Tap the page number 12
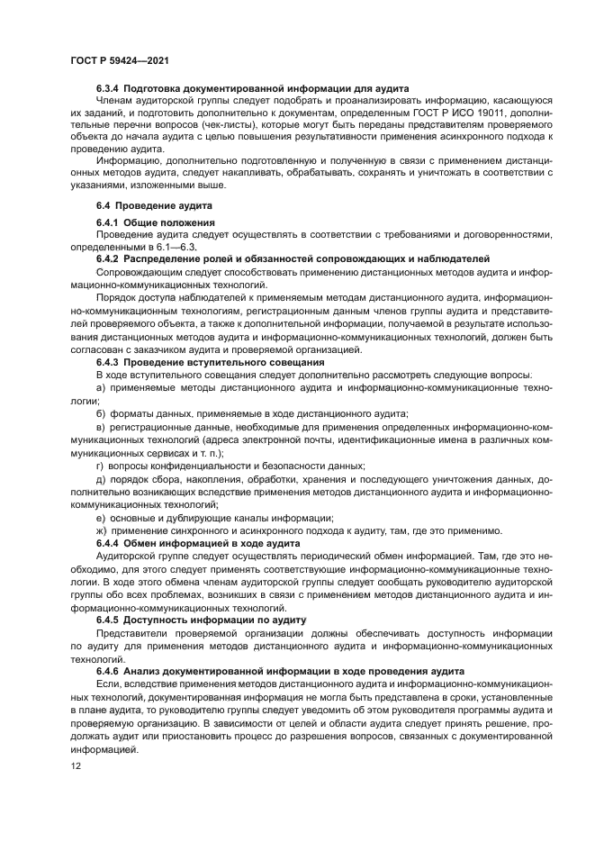tap(75, 765)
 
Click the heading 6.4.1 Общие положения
tap(155, 222)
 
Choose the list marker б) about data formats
tap(101, 413)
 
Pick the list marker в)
tap(101, 425)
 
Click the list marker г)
tap(100, 465)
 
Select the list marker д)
tap(101, 478)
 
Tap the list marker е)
tap(101, 518)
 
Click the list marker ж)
tap(102, 530)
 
